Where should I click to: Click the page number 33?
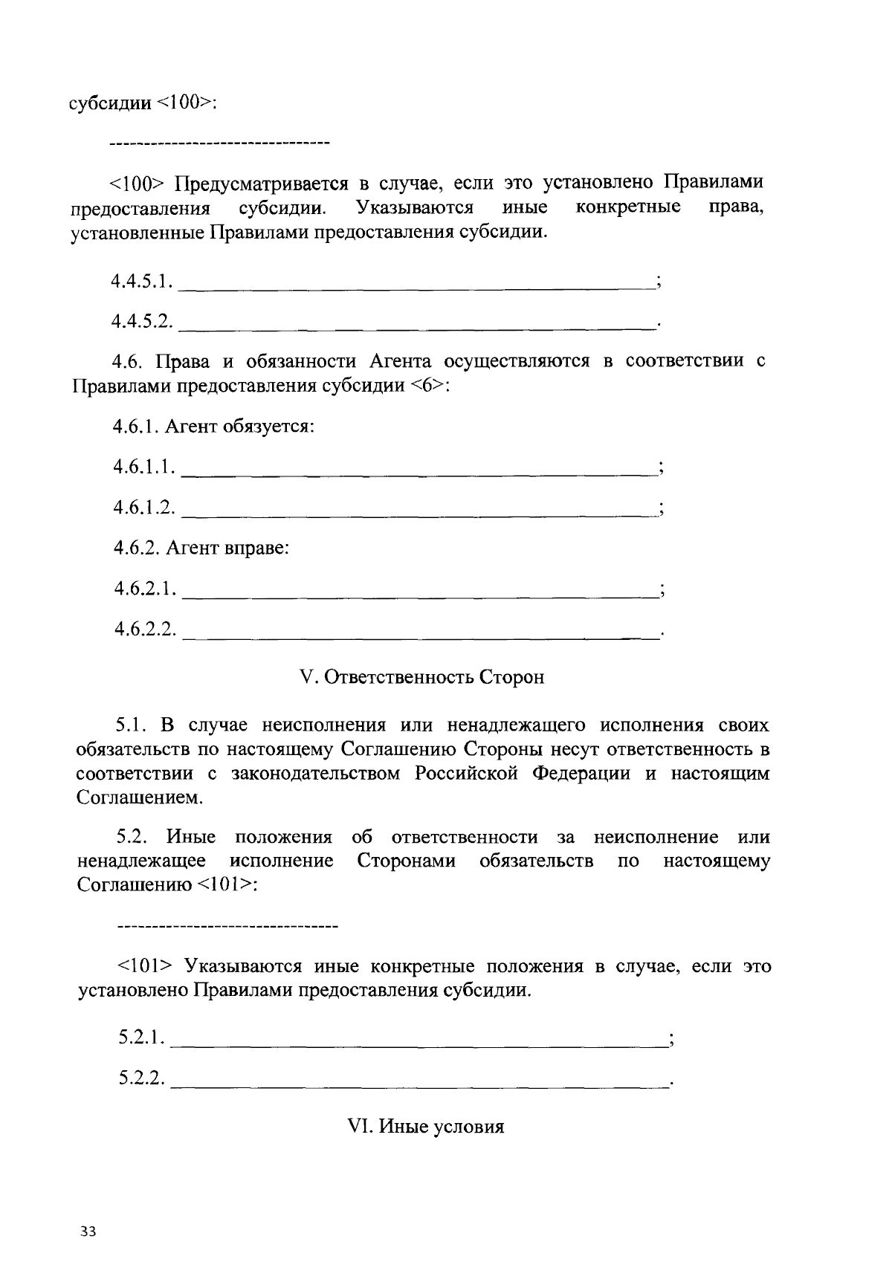click(x=88, y=1232)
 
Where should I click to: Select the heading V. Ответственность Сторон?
click(x=421, y=677)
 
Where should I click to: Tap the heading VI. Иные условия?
click(x=427, y=1127)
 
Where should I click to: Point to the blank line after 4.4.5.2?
click(x=416, y=324)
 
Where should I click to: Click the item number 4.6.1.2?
click(x=144, y=508)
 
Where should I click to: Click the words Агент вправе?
click(x=227, y=549)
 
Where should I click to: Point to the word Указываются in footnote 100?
click(x=416, y=207)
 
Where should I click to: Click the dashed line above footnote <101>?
click(x=227, y=926)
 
